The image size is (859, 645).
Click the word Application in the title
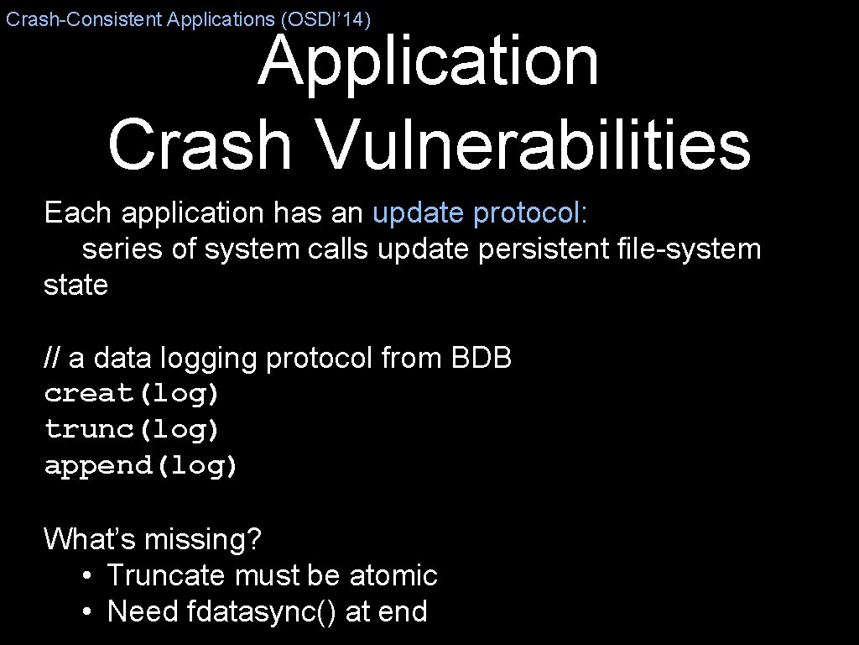pyautogui.click(x=428, y=63)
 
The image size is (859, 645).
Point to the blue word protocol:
pyautogui.click(x=531, y=213)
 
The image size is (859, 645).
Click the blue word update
pyautogui.click(x=419, y=213)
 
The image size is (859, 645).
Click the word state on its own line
pyautogui.click(x=76, y=286)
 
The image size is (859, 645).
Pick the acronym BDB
pyautogui.click(x=482, y=359)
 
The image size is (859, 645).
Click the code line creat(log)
pyautogui.click(x=132, y=393)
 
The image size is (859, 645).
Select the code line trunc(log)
pyautogui.click(x=132, y=430)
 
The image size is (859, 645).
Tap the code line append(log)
pyautogui.click(x=141, y=466)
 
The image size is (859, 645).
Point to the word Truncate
pyautogui.click(x=167, y=575)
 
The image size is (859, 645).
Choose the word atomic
pyautogui.click(x=393, y=575)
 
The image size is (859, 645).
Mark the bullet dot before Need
pyautogui.click(x=87, y=612)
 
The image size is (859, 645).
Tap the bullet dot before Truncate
pyautogui.click(x=87, y=576)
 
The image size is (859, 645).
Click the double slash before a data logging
pyautogui.click(x=52, y=359)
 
